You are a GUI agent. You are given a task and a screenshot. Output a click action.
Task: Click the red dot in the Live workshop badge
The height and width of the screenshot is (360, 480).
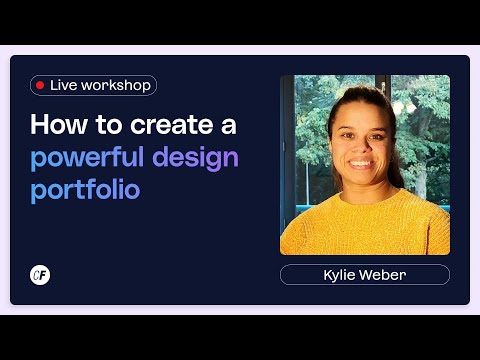[40, 86]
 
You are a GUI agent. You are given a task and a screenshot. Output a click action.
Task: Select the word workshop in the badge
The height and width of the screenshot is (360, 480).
[116, 86]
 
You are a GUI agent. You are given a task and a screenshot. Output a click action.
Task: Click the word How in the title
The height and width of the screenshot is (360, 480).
[54, 126]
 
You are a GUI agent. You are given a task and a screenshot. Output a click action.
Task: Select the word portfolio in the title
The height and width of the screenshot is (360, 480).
[85, 190]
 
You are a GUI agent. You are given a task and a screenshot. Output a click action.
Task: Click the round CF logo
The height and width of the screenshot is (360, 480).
[40, 275]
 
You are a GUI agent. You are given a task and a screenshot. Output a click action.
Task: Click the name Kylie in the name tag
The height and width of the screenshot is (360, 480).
[342, 275]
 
